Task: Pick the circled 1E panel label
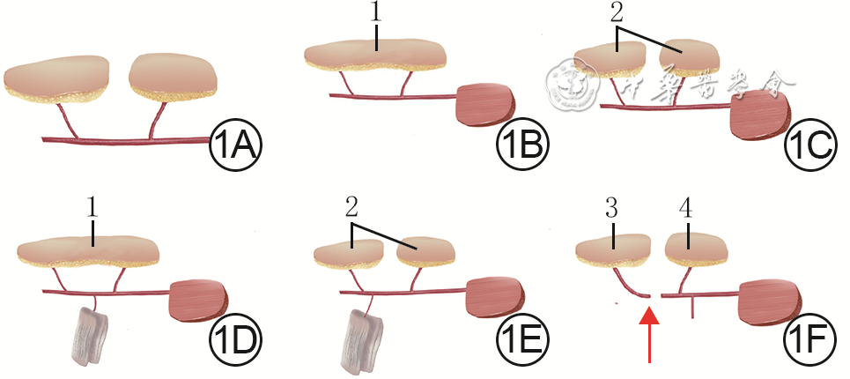click(x=522, y=339)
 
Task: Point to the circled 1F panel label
click(x=808, y=339)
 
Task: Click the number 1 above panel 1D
click(x=92, y=209)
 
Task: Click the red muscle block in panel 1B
click(x=486, y=104)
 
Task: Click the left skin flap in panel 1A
click(x=58, y=78)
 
